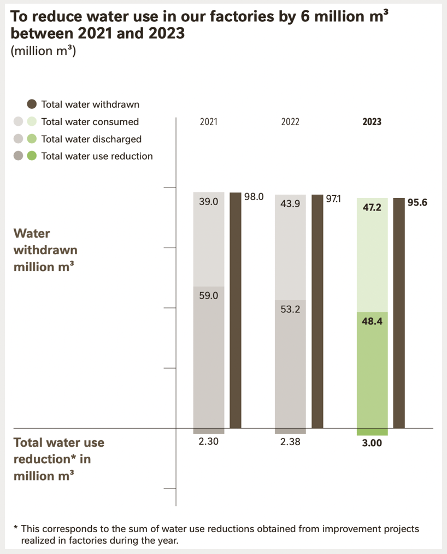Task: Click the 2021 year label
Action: click(208, 122)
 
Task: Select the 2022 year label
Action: click(290, 122)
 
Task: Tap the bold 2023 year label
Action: click(372, 122)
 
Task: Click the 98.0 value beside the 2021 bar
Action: click(254, 197)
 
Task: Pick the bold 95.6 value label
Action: click(417, 202)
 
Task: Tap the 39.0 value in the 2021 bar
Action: click(209, 201)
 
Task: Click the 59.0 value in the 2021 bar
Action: click(209, 295)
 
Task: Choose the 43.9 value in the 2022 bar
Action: click(290, 203)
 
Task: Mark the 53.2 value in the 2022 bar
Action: click(290, 309)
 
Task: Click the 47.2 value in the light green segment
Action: click(372, 208)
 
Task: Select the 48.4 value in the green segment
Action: click(372, 321)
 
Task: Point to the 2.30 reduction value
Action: click(209, 442)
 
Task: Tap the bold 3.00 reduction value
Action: click(372, 443)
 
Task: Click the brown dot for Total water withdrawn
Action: click(32, 104)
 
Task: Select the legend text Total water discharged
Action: click(91, 139)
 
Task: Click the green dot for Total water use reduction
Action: click(32, 156)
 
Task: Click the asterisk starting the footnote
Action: click(16, 529)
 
